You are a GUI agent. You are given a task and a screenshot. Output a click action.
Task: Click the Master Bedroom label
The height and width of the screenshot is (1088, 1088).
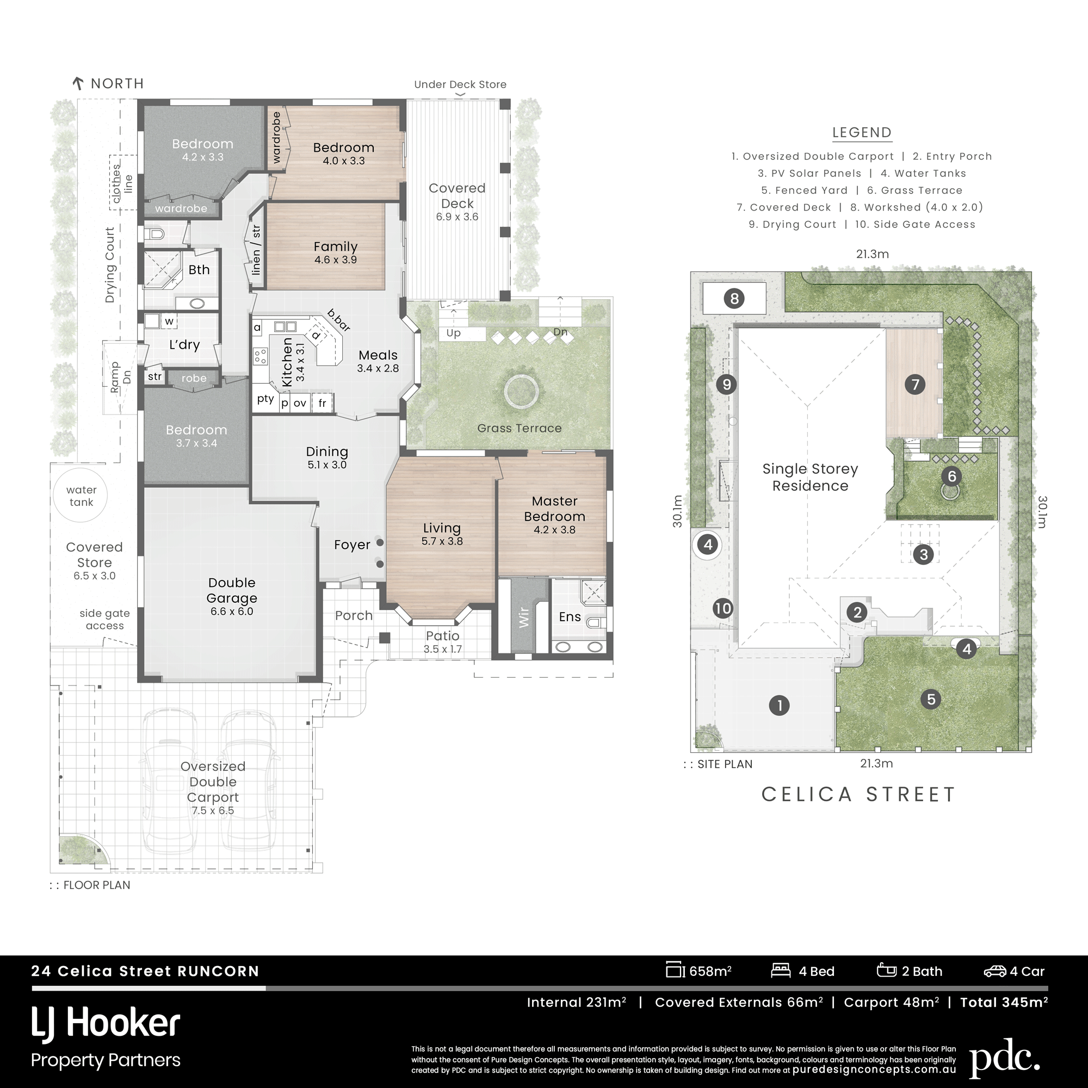point(555,509)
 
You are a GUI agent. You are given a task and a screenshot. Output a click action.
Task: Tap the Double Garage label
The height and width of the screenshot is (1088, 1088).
point(232,590)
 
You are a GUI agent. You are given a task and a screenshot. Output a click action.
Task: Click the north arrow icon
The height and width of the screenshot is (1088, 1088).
point(78,83)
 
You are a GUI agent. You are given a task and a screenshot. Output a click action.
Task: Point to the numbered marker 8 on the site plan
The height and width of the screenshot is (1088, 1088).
point(734,299)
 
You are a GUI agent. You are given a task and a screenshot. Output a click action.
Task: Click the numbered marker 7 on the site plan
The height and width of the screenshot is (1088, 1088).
point(915,385)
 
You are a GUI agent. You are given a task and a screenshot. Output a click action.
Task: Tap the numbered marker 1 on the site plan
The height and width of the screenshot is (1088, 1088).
point(780,705)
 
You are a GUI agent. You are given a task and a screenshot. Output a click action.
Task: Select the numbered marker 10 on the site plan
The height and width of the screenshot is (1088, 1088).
point(723,608)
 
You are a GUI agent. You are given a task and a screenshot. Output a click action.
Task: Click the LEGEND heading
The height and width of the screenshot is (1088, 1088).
point(862,132)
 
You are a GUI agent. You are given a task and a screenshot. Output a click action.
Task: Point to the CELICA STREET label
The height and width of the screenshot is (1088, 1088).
point(859,795)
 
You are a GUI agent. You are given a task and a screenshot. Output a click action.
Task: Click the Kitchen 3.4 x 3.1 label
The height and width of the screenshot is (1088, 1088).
point(293,362)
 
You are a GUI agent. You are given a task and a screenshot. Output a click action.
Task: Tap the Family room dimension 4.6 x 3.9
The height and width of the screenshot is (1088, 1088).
point(336,259)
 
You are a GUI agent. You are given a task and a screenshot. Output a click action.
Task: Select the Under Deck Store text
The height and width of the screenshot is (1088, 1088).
point(460,84)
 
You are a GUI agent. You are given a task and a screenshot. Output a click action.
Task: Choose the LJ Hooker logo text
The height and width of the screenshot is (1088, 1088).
point(106,1023)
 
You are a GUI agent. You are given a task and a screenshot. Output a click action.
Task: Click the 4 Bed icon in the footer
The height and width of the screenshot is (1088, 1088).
point(781,970)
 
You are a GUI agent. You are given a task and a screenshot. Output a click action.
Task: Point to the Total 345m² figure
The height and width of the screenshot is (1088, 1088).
point(1004,1003)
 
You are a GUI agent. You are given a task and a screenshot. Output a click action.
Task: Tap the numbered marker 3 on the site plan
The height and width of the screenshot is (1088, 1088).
point(924,555)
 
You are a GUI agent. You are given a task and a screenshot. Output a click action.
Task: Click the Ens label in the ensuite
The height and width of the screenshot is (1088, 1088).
point(570,617)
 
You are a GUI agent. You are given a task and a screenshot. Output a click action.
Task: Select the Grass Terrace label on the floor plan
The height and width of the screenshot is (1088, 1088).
point(519,428)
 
